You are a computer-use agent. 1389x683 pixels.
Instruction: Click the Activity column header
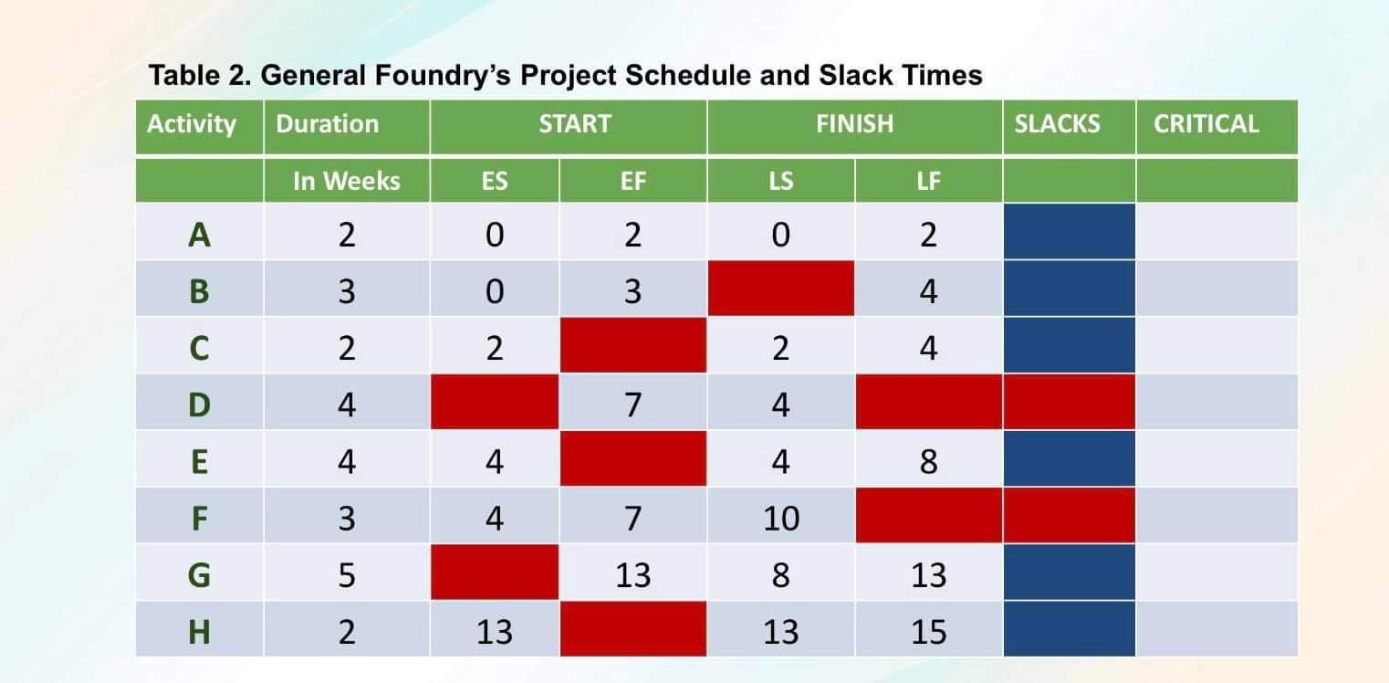click(x=192, y=124)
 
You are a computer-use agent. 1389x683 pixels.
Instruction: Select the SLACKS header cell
click(x=1057, y=124)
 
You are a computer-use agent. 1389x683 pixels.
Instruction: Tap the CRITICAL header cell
click(x=1206, y=124)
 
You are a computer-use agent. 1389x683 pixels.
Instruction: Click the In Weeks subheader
click(x=346, y=181)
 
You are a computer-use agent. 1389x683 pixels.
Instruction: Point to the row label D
click(x=199, y=404)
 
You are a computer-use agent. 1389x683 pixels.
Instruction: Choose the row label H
click(x=199, y=631)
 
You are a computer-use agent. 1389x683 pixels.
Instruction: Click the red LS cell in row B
click(x=780, y=289)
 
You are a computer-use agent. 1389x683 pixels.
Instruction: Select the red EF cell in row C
click(x=632, y=346)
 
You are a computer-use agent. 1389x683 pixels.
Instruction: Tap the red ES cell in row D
click(x=494, y=403)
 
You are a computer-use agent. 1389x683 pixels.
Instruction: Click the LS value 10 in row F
click(x=780, y=518)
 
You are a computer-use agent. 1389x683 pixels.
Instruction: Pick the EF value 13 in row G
click(x=632, y=574)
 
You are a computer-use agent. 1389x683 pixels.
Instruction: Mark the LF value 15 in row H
click(x=928, y=631)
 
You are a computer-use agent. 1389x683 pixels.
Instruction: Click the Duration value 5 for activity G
click(x=346, y=574)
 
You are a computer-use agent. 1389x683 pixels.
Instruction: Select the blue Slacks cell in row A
click(x=1069, y=233)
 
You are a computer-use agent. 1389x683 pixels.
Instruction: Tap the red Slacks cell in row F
click(x=1069, y=516)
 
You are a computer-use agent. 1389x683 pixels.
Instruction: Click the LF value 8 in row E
click(x=928, y=461)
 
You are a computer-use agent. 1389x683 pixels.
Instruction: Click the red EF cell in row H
click(x=632, y=629)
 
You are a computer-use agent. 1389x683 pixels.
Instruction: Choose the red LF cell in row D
click(x=928, y=403)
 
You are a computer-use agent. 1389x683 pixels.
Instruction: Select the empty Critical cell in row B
click(x=1216, y=289)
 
